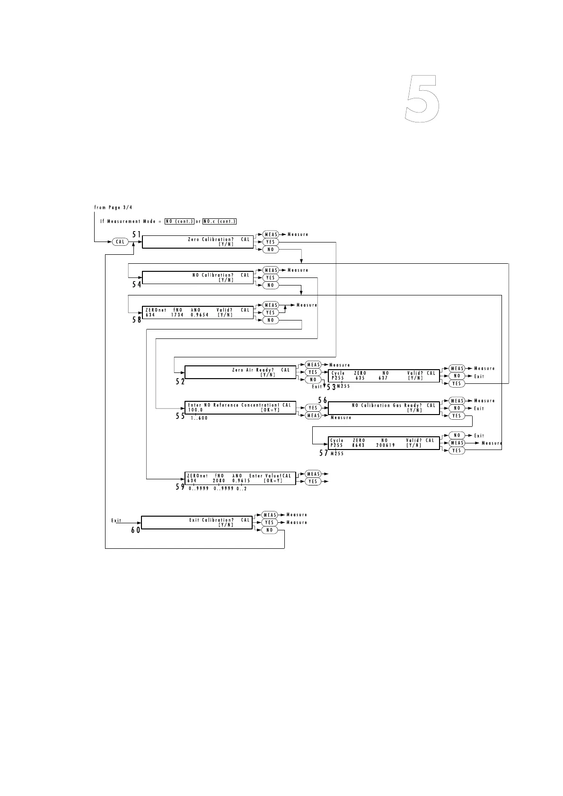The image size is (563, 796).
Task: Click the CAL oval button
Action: pos(120,242)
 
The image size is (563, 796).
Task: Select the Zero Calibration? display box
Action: pos(198,242)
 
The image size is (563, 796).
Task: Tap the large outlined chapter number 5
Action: pos(422,99)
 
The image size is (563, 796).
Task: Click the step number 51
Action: pos(137,234)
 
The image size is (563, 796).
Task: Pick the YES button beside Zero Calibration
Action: pos(271,242)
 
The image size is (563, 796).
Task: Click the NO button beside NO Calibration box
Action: pos(271,286)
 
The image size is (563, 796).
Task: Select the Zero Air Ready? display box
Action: pos(240,372)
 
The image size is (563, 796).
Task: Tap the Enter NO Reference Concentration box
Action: pos(240,407)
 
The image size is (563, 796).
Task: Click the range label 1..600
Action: pos(199,418)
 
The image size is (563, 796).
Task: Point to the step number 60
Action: pos(136,530)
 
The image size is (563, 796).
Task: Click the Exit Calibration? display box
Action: pos(197,522)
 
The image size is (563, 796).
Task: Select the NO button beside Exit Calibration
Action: pos(270,530)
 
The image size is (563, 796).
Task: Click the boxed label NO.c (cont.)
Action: pos(220,221)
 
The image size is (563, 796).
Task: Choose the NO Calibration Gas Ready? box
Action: pos(384,407)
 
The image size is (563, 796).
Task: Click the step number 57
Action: pos(324,453)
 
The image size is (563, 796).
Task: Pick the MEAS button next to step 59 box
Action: pos(313,474)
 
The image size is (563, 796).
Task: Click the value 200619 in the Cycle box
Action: pos(386,445)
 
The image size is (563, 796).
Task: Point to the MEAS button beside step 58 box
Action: pos(271,305)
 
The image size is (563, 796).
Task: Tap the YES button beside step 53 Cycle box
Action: pos(457,384)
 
